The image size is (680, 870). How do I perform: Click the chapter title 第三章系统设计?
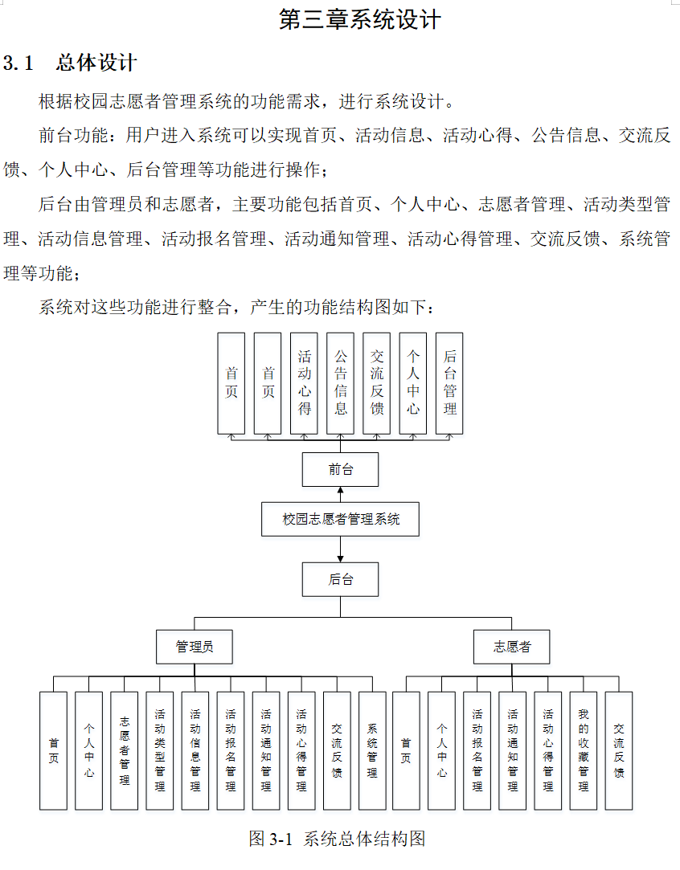pos(360,19)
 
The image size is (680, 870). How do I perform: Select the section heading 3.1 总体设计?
pos(71,63)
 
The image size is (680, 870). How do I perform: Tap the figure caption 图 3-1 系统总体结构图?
pos(337,839)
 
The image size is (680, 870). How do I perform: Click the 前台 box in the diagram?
pos(340,469)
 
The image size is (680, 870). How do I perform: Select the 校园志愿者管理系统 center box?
pos(341,519)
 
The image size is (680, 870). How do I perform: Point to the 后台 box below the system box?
pos(340,579)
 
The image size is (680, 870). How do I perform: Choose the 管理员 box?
pos(195,646)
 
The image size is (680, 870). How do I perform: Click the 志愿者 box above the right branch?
pos(512,646)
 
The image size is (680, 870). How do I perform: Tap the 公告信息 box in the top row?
pos(340,383)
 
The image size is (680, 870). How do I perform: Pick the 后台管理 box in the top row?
pos(449,383)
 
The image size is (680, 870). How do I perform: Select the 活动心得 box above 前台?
pos(304,383)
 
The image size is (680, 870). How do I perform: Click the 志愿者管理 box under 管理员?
pos(125,750)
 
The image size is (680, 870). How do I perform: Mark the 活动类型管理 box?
pos(160,750)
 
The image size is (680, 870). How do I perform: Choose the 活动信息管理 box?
pos(195,750)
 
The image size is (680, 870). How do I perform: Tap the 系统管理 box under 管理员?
pos(372,750)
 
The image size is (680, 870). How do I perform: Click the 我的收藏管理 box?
pos(584,750)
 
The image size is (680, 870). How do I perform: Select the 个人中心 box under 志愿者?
pos(442,750)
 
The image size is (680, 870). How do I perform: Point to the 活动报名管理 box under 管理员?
pos(231,750)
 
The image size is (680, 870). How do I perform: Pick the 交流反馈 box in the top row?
pos(377,383)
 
